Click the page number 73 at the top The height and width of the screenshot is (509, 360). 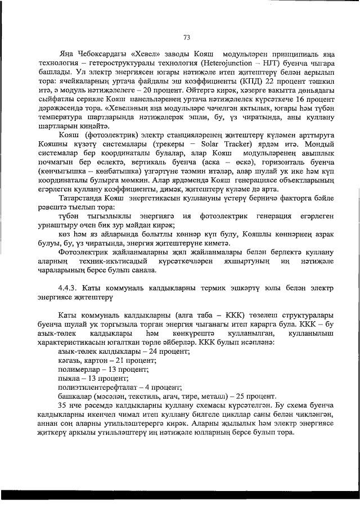pyautogui.click(x=186, y=38)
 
